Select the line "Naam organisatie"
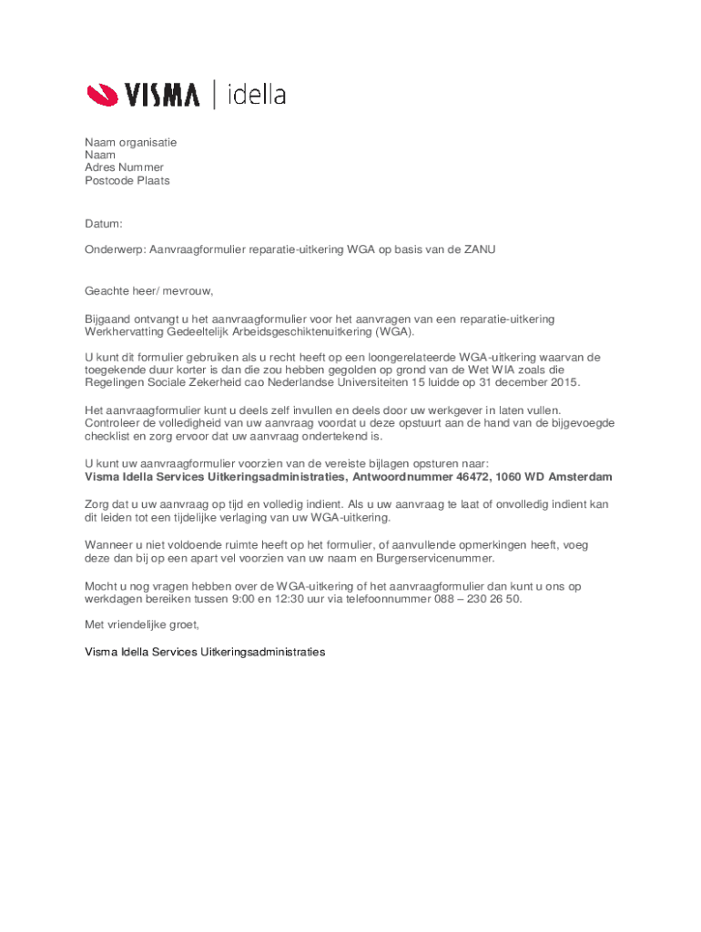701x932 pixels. tap(130, 143)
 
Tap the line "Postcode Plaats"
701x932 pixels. tap(127, 181)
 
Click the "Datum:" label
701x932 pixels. tap(104, 223)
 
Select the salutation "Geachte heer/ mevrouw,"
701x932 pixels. tap(148, 291)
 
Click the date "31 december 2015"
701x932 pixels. tap(529, 383)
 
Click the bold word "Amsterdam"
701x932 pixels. tap(580, 477)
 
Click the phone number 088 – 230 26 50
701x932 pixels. tap(474, 599)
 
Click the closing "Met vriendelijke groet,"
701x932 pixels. tap(141, 625)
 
